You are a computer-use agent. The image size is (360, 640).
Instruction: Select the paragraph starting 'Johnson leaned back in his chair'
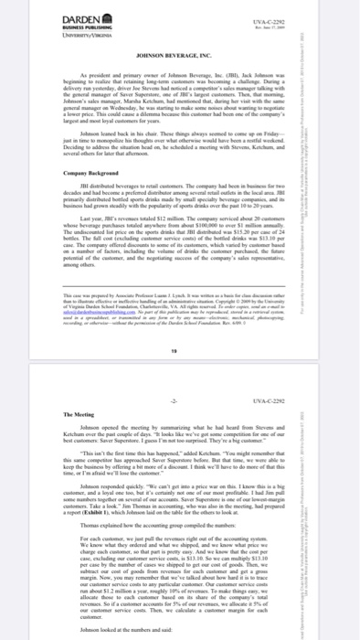pos(180,144)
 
